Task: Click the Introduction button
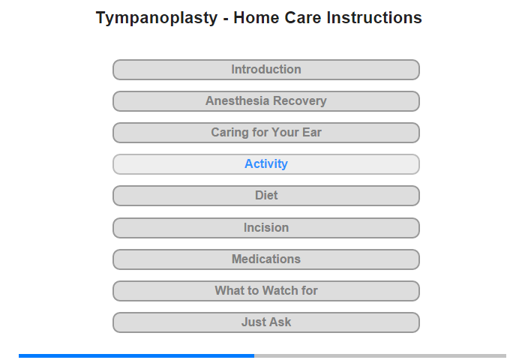(x=266, y=70)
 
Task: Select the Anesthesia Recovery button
(x=266, y=101)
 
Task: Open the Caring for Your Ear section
(x=266, y=133)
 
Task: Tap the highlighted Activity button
(x=266, y=164)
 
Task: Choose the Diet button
(x=266, y=196)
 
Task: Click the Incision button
(x=266, y=228)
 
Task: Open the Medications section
(x=266, y=259)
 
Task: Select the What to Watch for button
(x=266, y=291)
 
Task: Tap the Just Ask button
(x=266, y=322)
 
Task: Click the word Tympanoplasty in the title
(x=157, y=18)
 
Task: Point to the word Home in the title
(x=256, y=17)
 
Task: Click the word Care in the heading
(x=303, y=17)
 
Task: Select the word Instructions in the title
(x=374, y=17)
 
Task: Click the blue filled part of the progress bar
(x=136, y=355)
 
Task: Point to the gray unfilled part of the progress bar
(x=380, y=355)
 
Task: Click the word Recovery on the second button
(x=300, y=100)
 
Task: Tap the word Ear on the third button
(x=312, y=132)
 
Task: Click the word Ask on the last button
(x=281, y=322)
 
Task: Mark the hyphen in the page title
(x=226, y=19)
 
